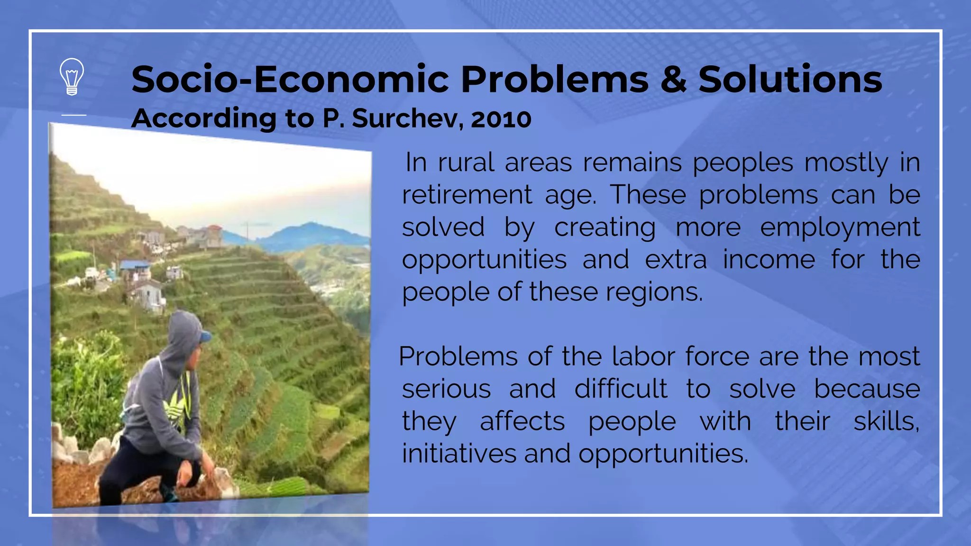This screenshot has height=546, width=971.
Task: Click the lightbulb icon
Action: pyautogui.click(x=72, y=77)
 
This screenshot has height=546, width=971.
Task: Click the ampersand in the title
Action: pyautogui.click(x=673, y=79)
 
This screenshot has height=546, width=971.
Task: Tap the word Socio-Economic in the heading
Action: pyautogui.click(x=290, y=79)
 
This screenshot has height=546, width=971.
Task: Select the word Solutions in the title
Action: pyautogui.click(x=790, y=79)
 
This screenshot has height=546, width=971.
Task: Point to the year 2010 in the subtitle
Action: pyautogui.click(x=501, y=118)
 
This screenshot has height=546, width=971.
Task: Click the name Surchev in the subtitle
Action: pyautogui.click(x=408, y=118)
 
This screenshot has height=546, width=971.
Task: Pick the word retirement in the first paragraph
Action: pyautogui.click(x=467, y=195)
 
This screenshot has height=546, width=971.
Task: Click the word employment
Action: pyautogui.click(x=840, y=227)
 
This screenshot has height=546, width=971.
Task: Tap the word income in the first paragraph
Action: pyautogui.click(x=769, y=260)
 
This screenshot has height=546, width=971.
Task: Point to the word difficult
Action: pyautogui.click(x=621, y=389)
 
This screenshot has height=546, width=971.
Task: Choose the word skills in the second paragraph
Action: pyautogui.click(x=886, y=421)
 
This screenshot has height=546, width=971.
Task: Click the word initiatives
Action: pyautogui.click(x=458, y=454)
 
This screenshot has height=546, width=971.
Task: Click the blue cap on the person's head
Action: pyautogui.click(x=205, y=336)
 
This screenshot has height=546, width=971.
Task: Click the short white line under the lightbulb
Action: pyautogui.click(x=74, y=115)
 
